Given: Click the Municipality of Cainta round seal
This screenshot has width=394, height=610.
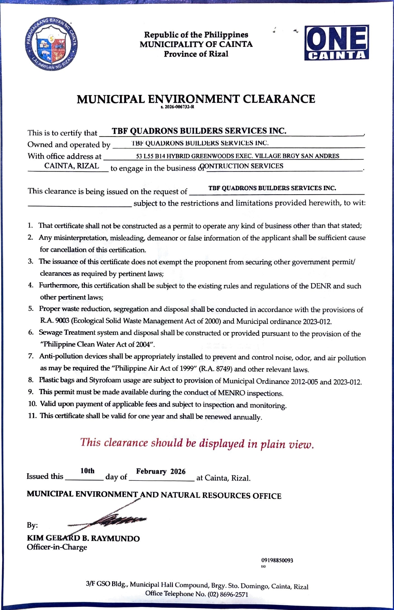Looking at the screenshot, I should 52,43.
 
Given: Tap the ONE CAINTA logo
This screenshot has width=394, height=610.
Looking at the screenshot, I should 336,42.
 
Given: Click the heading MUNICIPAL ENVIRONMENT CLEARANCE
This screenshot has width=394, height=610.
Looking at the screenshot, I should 196,99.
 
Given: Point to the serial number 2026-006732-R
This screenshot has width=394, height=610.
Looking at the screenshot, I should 178,107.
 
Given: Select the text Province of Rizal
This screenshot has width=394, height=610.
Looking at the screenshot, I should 196,54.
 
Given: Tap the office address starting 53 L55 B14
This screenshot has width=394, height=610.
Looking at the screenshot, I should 237,156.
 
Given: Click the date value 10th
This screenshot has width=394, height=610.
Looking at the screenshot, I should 87,471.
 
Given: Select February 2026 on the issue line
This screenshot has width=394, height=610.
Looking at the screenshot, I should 161,472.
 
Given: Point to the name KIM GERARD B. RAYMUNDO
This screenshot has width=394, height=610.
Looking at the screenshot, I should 84,538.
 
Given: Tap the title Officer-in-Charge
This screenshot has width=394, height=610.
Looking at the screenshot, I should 57,547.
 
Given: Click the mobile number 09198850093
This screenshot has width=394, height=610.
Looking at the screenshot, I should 277,560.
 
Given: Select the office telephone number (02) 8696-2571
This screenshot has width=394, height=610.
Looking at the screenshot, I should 228,594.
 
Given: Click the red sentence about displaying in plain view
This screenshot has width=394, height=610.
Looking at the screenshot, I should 197,444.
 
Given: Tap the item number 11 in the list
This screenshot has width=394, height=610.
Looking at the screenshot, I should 32,416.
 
